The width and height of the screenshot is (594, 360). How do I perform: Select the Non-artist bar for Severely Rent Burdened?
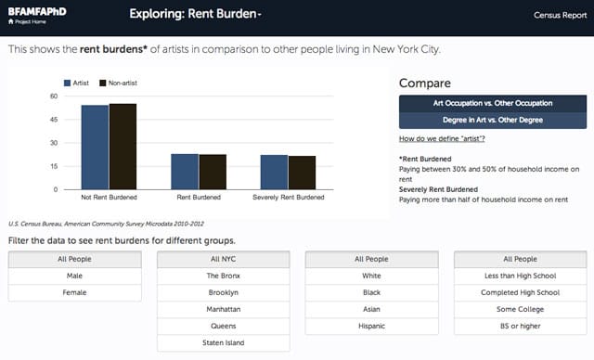302,173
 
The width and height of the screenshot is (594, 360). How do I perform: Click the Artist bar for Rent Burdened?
184,172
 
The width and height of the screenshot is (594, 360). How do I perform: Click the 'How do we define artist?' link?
442,138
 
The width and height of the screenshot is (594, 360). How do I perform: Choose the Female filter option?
74,292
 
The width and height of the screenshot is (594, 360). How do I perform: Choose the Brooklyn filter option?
224,292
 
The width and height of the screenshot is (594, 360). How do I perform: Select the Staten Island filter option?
224,342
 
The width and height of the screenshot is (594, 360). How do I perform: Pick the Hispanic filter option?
371,326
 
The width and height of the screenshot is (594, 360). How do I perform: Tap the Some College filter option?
520,309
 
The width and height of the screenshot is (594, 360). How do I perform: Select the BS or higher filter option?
520,326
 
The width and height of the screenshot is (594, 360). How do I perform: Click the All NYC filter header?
224,259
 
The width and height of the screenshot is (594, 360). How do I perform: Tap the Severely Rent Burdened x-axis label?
289,198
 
